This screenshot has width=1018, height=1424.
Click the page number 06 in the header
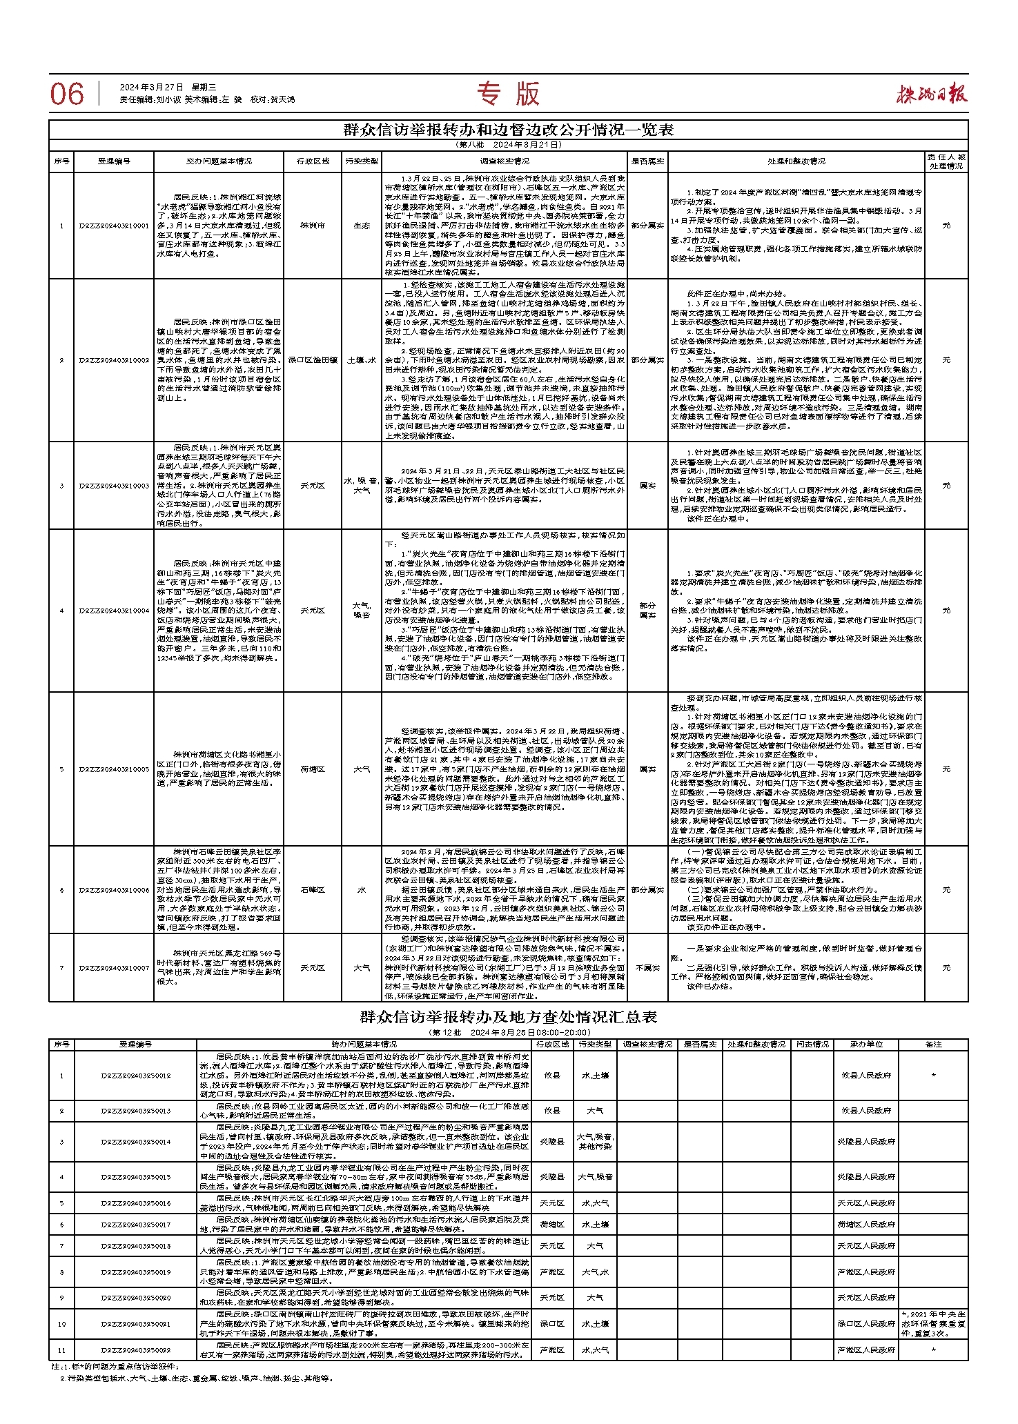[67, 95]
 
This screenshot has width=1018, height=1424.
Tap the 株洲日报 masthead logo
[932, 93]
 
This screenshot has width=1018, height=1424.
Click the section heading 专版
[509, 94]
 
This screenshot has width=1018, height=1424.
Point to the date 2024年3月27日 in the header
[151, 88]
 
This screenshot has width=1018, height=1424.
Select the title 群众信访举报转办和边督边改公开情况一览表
[508, 130]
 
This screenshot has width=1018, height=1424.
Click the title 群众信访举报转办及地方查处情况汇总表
[508, 1017]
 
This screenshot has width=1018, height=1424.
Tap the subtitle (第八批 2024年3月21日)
[508, 146]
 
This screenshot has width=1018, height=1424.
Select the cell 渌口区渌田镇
[312, 359]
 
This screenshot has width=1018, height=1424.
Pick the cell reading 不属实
[647, 968]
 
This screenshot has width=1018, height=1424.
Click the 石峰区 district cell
[312, 890]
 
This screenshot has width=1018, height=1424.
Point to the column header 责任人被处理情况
[946, 161]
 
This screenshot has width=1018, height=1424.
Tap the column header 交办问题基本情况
[218, 161]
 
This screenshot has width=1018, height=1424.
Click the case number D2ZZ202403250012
[135, 1076]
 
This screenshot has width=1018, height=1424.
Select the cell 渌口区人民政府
[866, 1324]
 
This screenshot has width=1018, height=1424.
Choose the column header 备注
[933, 1045]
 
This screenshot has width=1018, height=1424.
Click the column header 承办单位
[866, 1045]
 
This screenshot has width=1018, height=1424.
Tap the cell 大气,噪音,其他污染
[595, 1142]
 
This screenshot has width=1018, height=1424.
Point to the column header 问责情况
[812, 1045]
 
